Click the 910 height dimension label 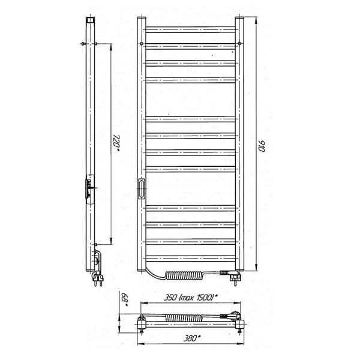pyautogui.click(x=262, y=146)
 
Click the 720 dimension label pyautogui.click(x=116, y=143)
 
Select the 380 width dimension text pyautogui.click(x=192, y=338)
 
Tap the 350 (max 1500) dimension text pyautogui.click(x=191, y=298)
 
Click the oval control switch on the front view pyautogui.click(x=141, y=188)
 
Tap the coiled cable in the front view pyautogui.click(x=184, y=275)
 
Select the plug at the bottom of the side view pyautogui.click(x=98, y=278)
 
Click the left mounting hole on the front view pyautogui.click(x=142, y=43)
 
